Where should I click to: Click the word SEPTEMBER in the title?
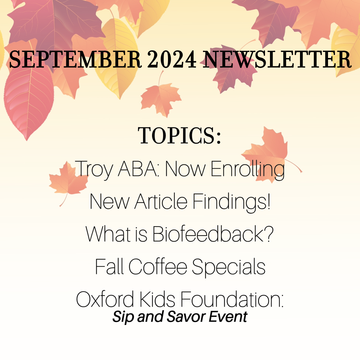point(75,59)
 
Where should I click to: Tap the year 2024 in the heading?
point(172,59)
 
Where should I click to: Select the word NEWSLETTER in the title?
point(277,59)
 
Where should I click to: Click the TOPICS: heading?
point(179,135)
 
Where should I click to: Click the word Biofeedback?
point(213,234)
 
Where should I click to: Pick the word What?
point(108,234)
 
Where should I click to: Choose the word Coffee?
point(158,266)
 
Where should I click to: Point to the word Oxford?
point(105,299)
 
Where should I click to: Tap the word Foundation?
point(232,299)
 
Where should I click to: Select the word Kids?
point(157,299)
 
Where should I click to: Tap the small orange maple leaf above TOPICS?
point(161,98)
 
